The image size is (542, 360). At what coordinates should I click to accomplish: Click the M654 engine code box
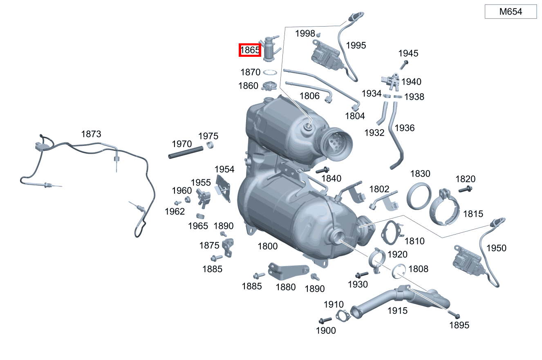511,11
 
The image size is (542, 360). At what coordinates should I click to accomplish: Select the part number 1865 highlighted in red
250,50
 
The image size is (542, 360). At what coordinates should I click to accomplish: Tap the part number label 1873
91,134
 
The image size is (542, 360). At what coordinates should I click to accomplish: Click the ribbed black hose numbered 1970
186,152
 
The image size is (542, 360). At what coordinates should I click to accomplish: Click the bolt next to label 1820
465,189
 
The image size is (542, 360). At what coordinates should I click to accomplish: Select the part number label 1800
268,246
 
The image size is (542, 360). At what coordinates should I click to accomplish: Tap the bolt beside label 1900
325,320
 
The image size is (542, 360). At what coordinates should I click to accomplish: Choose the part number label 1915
398,311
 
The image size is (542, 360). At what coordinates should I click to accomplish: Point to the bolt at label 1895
454,314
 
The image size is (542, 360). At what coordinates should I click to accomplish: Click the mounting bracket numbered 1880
288,271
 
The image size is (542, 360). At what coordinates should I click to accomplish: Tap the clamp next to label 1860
269,86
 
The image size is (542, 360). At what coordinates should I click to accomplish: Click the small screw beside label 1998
319,35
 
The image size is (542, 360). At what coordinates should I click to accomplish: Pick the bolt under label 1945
404,65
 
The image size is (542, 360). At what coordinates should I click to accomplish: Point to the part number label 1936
405,128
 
